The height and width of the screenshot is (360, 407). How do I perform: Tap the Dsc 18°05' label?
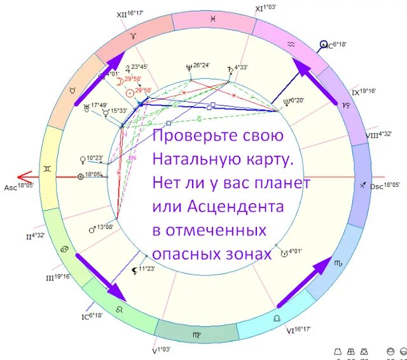(385, 185)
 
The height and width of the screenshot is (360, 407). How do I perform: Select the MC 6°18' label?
(335, 46)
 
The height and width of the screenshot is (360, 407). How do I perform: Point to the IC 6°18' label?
(92, 315)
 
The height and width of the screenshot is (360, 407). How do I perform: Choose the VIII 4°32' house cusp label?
(380, 134)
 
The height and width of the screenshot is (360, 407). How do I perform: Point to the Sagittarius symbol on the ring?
(362, 184)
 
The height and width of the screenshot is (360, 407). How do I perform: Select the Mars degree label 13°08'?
(103, 226)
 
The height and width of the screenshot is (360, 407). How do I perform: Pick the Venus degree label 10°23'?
(95, 158)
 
